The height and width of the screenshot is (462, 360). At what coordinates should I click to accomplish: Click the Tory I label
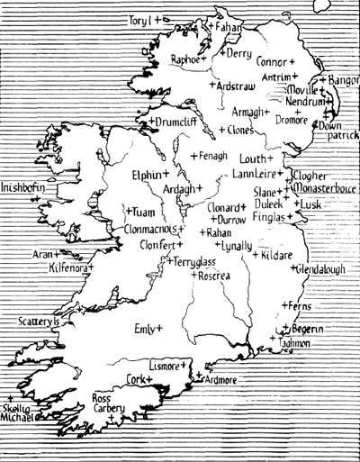click(x=139, y=19)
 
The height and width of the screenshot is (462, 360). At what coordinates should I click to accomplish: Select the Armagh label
click(x=247, y=112)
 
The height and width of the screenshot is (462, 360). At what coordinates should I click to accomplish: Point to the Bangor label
click(x=343, y=81)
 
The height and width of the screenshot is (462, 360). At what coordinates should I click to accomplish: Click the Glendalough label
click(x=320, y=268)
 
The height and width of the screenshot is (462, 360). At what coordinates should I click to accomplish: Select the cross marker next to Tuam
click(x=127, y=211)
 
